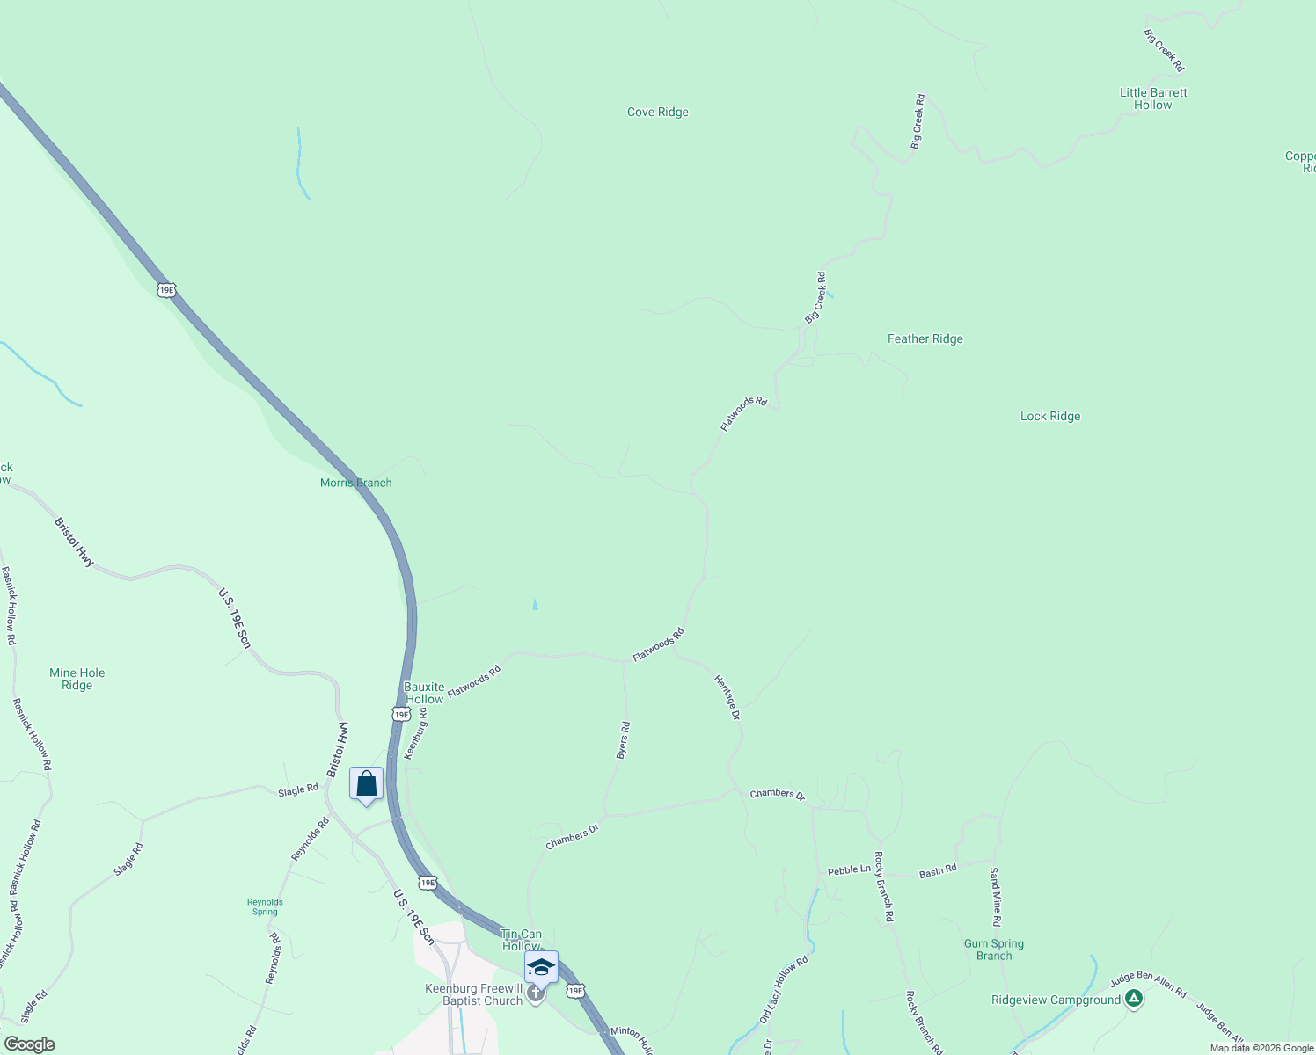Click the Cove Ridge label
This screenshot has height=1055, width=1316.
point(657,113)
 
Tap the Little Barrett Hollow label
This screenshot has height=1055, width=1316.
point(1152,98)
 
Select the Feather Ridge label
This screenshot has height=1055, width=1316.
point(925,339)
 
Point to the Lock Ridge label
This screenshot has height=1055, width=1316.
point(1049,417)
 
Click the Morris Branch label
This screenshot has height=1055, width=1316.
point(355,483)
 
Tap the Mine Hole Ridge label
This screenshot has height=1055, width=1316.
point(77,679)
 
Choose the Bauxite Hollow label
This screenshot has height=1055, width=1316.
point(424,693)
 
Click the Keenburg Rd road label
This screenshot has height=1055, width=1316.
point(415,733)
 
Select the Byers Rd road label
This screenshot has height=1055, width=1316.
point(623,740)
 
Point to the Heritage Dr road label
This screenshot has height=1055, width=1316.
point(727,698)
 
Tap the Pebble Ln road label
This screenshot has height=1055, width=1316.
point(848,869)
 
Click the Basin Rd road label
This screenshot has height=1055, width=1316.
point(937,871)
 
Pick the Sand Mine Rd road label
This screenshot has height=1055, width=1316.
point(995,897)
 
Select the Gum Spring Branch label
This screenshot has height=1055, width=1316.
point(993,949)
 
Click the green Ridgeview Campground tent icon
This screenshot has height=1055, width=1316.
point(1134,998)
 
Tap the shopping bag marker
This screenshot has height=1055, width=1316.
point(366,782)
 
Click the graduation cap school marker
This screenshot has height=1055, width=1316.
point(540,967)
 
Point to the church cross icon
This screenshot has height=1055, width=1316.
point(535,993)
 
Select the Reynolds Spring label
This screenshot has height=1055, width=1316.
point(265,906)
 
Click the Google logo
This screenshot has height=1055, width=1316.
point(29,1044)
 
